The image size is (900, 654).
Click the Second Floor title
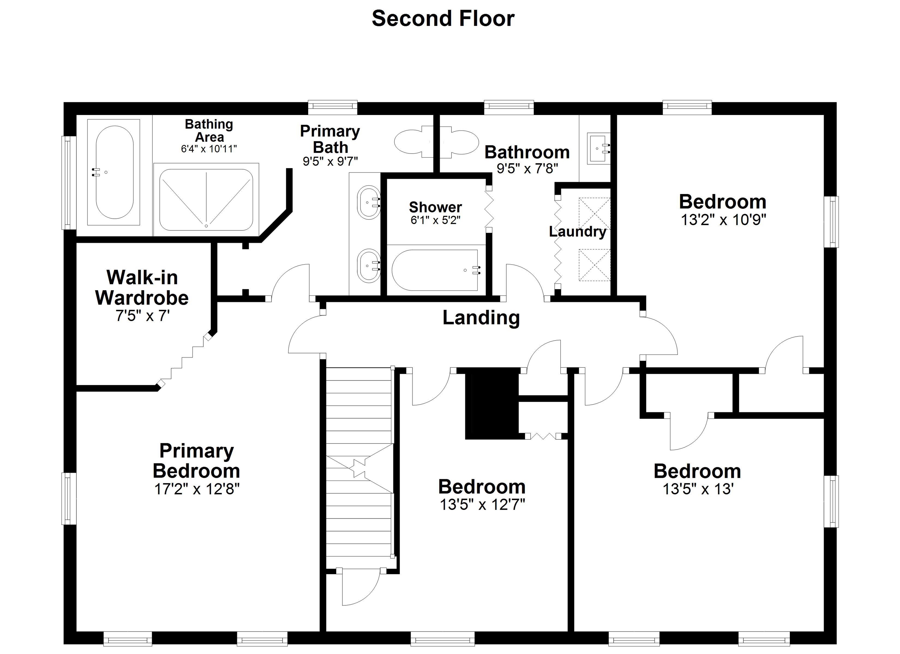coord(443,19)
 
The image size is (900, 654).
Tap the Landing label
coord(481,318)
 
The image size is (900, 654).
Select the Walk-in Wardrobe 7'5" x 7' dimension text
coord(142,316)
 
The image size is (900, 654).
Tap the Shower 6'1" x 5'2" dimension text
coord(435,220)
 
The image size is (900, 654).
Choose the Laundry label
coord(577,232)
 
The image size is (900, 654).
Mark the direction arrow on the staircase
coord(359,468)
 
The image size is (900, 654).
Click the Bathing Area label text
coord(209,131)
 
